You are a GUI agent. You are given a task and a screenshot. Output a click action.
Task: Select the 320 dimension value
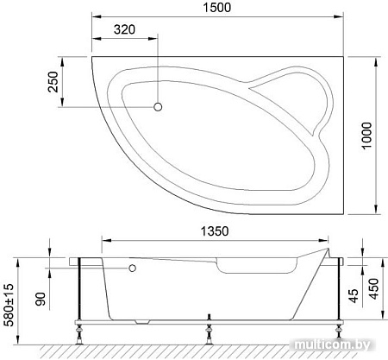coord(125,28)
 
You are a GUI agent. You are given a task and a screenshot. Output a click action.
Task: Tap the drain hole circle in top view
coord(158,107)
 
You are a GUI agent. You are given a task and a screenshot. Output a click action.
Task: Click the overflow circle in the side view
coord(133,268)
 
